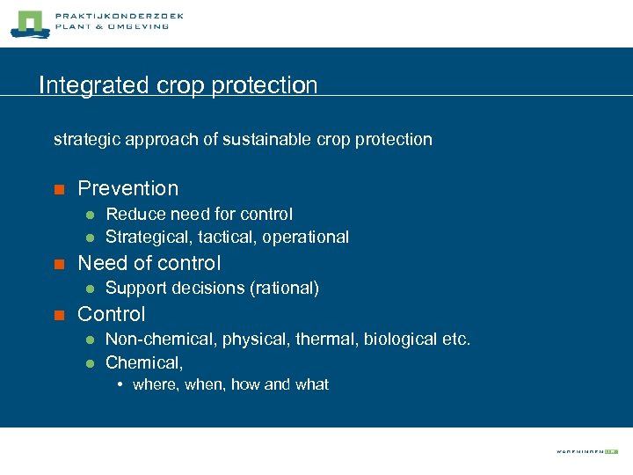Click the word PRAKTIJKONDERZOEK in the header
pyautogui.click(x=119, y=17)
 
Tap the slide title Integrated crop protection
pyautogui.click(x=178, y=85)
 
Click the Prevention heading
pyautogui.click(x=127, y=188)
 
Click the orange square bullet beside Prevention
pyautogui.click(x=59, y=189)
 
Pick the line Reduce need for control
pyautogui.click(x=199, y=214)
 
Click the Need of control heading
pyautogui.click(x=149, y=263)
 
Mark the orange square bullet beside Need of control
pyautogui.click(x=59, y=264)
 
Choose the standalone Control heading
pyautogui.click(x=111, y=314)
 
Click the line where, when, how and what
pyautogui.click(x=230, y=384)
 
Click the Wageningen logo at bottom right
pyautogui.click(x=586, y=450)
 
